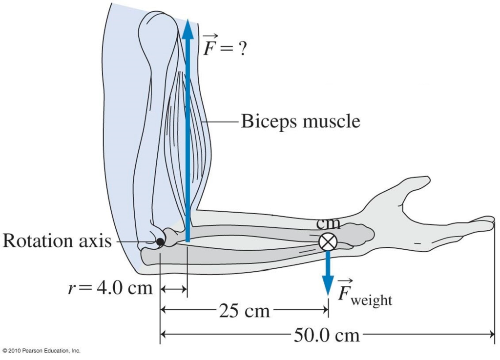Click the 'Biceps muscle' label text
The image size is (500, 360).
tap(300, 120)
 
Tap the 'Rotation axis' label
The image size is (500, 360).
tap(57, 241)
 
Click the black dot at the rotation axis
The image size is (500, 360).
tap(160, 241)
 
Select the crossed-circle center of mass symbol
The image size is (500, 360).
tap(327, 241)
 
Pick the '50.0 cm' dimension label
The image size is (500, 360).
tap(327, 335)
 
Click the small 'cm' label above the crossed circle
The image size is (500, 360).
tap(328, 224)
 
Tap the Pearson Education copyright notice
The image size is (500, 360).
tap(41, 351)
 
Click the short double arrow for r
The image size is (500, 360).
tap(174, 290)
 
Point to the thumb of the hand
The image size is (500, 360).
tap(415, 184)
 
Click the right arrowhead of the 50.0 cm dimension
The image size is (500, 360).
tap(491, 334)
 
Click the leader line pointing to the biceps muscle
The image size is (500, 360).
tap(222, 120)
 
